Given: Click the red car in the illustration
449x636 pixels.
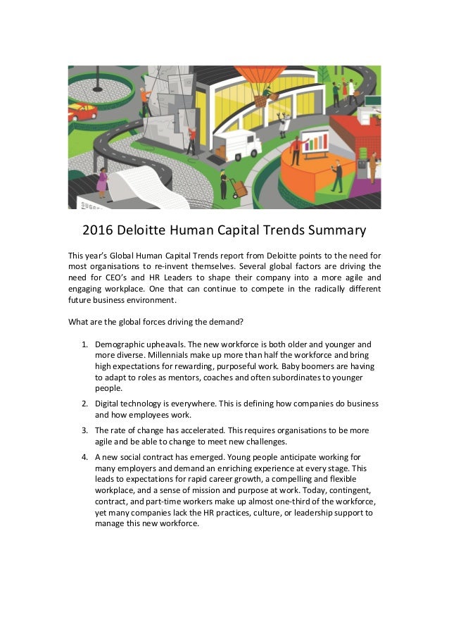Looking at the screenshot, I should point(82,111).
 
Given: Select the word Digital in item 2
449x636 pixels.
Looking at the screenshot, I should point(108,404).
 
